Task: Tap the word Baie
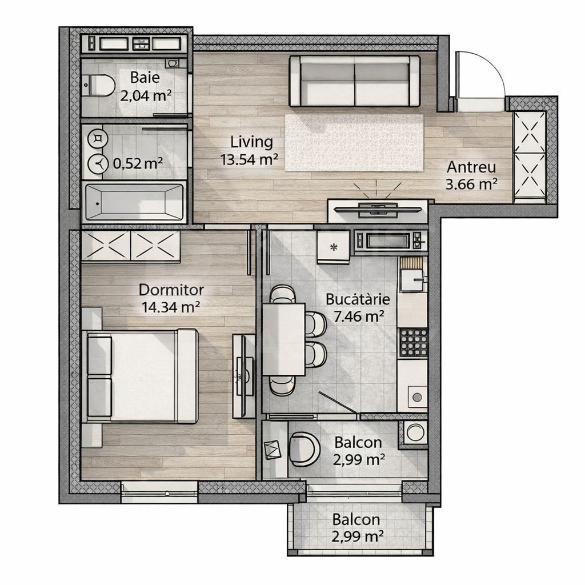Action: pyautogui.click(x=145, y=77)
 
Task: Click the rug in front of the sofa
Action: pyautogui.click(x=354, y=142)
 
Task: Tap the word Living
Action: pyautogui.click(x=251, y=142)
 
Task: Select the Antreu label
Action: pyautogui.click(x=471, y=167)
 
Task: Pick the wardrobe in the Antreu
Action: pyautogui.click(x=530, y=157)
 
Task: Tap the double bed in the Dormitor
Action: pyautogui.click(x=142, y=375)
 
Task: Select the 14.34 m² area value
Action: pyautogui.click(x=170, y=307)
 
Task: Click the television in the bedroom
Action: pyautogui.click(x=244, y=375)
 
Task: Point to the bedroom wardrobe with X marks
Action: pyautogui.click(x=131, y=246)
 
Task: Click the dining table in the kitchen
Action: pyautogui.click(x=283, y=339)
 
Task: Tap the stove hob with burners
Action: pyautogui.click(x=412, y=342)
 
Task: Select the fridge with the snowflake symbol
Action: pyautogui.click(x=332, y=246)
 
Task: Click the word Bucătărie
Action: pyautogui.click(x=358, y=299)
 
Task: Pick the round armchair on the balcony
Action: pyautogui.click(x=304, y=448)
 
